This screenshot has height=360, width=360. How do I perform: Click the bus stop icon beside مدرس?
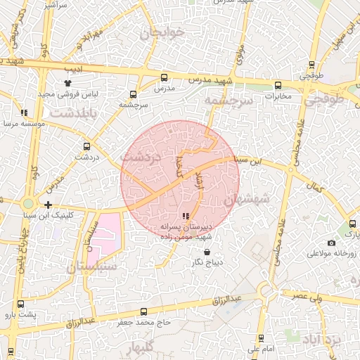(164, 78)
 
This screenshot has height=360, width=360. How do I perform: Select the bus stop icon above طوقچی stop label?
(311, 63)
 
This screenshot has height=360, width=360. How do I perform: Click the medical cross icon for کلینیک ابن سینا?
(47, 205)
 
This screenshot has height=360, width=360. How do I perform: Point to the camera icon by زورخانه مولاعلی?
(331, 243)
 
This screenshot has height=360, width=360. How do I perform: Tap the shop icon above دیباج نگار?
(206, 252)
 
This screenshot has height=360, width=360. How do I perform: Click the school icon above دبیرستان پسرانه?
(185, 217)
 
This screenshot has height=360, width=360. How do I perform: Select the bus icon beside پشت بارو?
(20, 304)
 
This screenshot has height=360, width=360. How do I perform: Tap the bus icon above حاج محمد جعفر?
(144, 311)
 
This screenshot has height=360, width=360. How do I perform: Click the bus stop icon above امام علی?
(262, 338)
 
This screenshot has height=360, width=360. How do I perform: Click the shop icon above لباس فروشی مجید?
(67, 84)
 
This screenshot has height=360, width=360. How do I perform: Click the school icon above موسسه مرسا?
(24, 112)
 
